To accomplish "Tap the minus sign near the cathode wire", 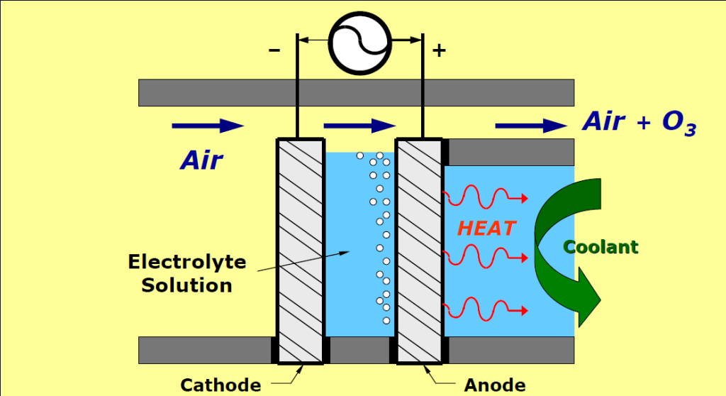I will coord(274,51).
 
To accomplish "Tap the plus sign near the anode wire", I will coord(439,51).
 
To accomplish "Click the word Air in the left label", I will coord(201,160).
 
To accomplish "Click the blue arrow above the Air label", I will coord(208,126).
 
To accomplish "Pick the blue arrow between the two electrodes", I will coord(359,126).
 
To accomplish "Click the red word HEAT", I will coord(486,229).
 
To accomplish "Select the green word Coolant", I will coord(601,247).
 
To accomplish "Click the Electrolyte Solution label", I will coord(186,273).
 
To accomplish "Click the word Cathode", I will coord(220,385).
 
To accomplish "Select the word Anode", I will coord(495,385).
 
